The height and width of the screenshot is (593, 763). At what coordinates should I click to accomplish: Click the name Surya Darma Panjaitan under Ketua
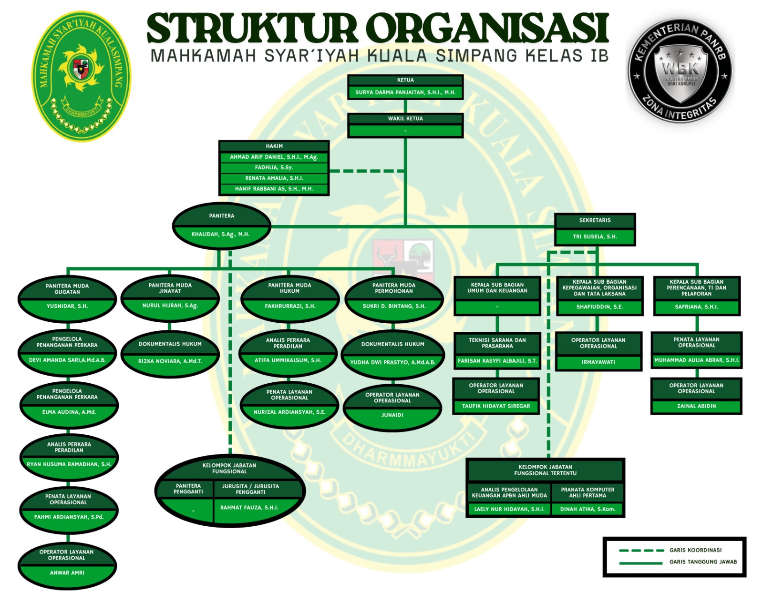click(x=405, y=92)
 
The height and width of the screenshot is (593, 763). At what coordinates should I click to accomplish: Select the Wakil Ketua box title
click(x=405, y=119)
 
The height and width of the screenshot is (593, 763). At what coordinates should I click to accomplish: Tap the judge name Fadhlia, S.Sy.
click(x=274, y=167)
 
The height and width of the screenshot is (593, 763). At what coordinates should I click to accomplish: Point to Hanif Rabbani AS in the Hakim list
click(x=274, y=189)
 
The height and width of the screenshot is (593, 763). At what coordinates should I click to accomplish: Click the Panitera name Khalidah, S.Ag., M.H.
click(x=220, y=234)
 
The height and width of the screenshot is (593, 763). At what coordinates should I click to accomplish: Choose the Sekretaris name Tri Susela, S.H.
click(x=595, y=236)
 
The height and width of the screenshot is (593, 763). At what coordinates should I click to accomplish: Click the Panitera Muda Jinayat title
click(x=170, y=288)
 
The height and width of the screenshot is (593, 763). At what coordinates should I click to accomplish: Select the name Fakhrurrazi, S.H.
click(x=290, y=306)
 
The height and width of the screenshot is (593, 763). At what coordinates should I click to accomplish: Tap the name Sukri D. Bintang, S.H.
click(x=394, y=306)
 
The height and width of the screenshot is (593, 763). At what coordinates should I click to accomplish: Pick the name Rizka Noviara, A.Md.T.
click(x=170, y=361)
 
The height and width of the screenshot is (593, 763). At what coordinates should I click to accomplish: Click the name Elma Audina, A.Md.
click(x=69, y=412)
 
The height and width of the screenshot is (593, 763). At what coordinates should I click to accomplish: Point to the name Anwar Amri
click(x=67, y=573)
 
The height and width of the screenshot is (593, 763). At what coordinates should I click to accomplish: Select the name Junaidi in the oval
click(x=392, y=415)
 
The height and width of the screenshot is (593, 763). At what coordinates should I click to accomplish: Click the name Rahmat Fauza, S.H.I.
click(x=249, y=508)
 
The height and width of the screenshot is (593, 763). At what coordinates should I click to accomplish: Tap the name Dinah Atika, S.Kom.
click(x=588, y=509)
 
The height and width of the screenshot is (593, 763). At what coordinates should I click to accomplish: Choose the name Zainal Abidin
click(x=696, y=406)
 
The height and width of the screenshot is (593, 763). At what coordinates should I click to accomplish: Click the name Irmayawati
click(x=598, y=362)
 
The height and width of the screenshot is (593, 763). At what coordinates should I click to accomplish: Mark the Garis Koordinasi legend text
click(x=695, y=550)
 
